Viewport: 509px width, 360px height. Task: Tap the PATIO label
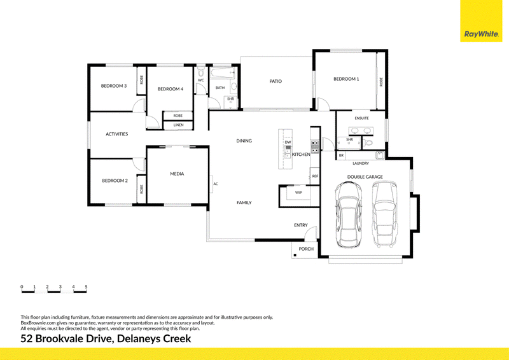click(275, 81)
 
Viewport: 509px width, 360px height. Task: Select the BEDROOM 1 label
click(346, 79)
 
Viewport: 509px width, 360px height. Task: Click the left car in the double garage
click(348, 214)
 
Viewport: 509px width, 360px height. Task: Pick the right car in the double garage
click(385, 214)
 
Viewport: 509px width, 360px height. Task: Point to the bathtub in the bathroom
click(222, 73)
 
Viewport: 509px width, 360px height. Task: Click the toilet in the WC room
click(200, 71)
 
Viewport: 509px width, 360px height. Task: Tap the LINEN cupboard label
click(178, 125)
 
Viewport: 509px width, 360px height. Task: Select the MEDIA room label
click(177, 174)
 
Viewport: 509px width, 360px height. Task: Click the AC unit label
click(216, 184)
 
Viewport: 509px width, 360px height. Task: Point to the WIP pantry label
click(298, 193)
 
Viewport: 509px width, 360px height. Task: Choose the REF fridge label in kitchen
click(315, 176)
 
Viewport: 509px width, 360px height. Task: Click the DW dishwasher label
click(288, 142)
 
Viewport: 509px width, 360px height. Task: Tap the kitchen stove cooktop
click(315, 147)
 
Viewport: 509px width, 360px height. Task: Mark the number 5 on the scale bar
click(86, 287)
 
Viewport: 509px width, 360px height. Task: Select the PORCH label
click(306, 249)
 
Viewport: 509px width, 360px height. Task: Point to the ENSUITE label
click(361, 118)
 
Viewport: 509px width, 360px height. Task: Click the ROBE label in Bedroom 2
click(141, 190)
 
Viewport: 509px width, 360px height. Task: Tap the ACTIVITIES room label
click(117, 134)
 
